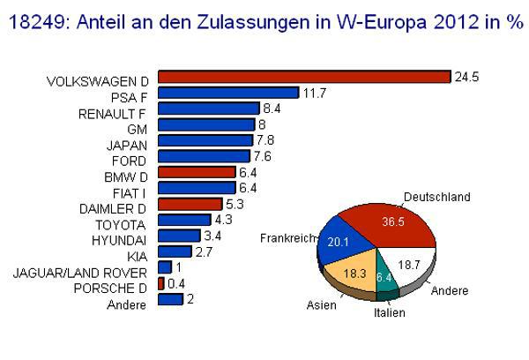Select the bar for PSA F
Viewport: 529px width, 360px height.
228,93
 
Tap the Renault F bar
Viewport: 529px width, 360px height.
209,109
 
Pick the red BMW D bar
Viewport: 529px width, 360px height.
197,172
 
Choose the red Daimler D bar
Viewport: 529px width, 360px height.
190,204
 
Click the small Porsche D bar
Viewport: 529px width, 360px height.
160,283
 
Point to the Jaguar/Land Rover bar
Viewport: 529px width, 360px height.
165,267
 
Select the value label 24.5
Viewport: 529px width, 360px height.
466,77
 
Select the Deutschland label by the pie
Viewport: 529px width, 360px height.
436,197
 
